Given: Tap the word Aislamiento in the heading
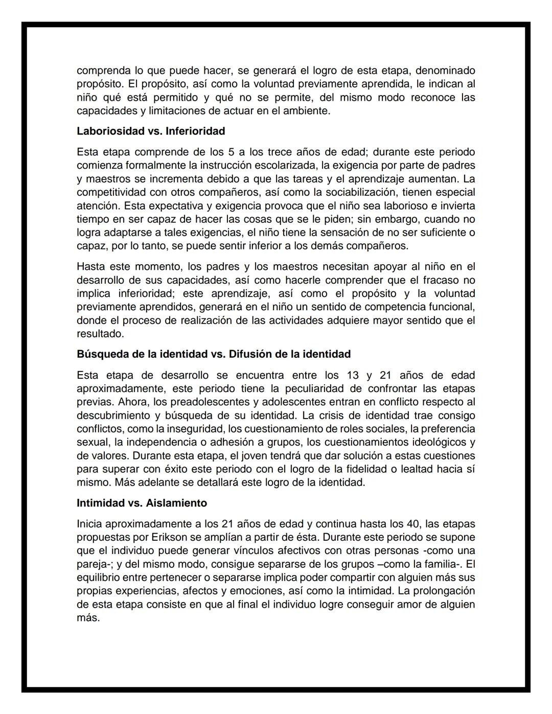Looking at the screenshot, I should pyautogui.click(x=176, y=503).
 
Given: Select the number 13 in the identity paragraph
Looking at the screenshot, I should pyautogui.click(x=353, y=375).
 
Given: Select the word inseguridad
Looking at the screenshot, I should pyautogui.click(x=195, y=429).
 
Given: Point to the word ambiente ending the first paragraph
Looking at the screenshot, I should pyautogui.click(x=309, y=111).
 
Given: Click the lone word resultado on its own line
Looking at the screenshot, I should pyautogui.click(x=99, y=334).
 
